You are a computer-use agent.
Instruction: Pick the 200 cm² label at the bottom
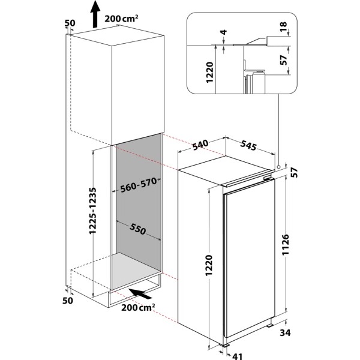coord(137,308)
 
